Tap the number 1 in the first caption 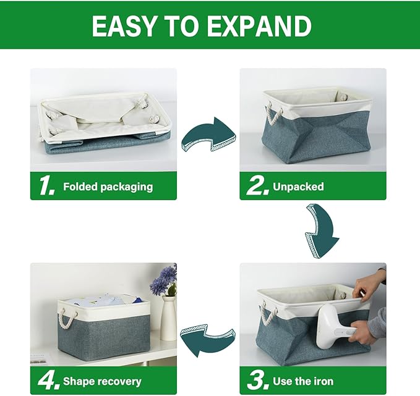(x=46, y=186)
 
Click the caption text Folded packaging (x=108, y=187)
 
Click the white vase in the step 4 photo (x=168, y=318)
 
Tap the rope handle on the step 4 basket (x=67, y=321)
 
